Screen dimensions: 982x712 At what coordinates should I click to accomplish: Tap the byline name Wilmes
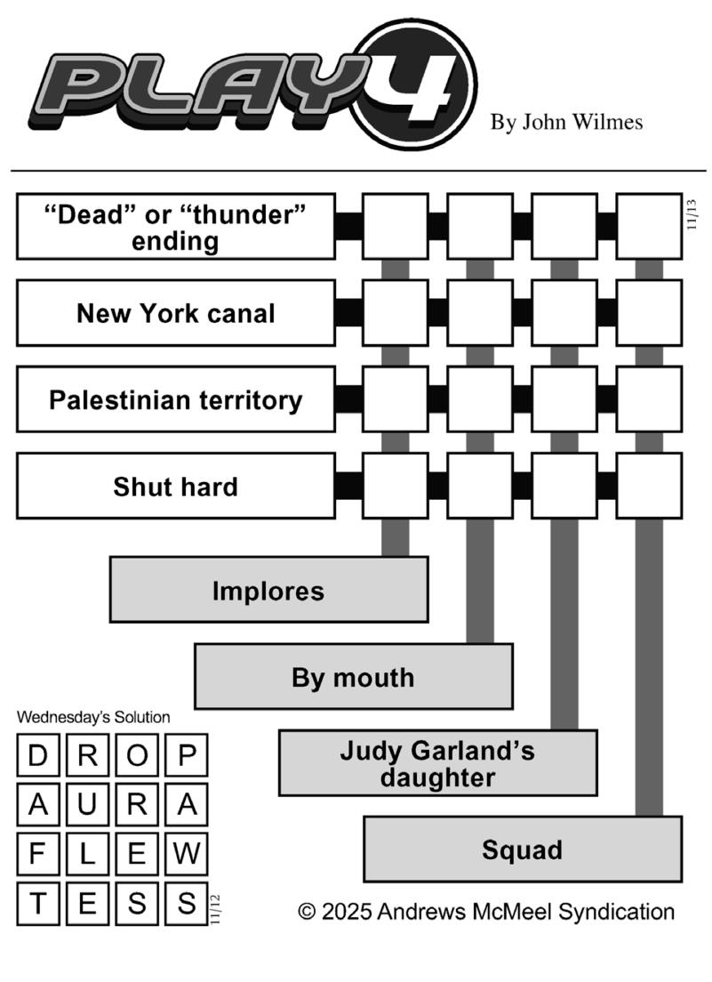pos(608,122)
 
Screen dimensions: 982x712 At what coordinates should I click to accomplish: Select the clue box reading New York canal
pos(175,313)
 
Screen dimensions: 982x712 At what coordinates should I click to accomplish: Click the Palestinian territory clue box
pos(175,400)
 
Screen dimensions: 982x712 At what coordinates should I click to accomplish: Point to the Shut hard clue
pos(175,487)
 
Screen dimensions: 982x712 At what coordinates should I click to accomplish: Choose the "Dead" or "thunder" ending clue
pos(175,228)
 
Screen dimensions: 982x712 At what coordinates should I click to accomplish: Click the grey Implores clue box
pos(268,591)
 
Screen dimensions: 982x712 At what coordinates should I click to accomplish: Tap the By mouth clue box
pos(353,677)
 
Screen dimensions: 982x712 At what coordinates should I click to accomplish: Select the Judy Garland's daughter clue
pos(437,763)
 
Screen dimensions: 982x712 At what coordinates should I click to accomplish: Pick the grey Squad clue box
pos(522,849)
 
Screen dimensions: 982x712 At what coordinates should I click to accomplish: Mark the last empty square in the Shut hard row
pos(649,487)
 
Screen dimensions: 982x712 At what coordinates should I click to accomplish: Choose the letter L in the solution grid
pos(87,854)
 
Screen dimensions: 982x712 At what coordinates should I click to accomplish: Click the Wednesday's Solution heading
pos(93,717)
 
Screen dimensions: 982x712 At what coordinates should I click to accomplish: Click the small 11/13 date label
pos(692,215)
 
